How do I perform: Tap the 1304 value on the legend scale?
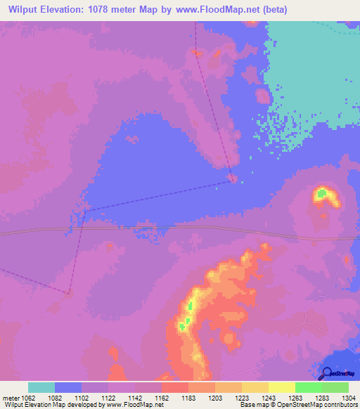point(348,398)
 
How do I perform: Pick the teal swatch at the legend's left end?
point(41,387)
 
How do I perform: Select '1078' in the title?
point(111,9)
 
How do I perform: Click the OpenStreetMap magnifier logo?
point(327,372)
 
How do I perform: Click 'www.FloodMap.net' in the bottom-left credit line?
point(133,405)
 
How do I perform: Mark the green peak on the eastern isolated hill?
point(321,192)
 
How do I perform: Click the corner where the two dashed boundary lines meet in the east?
point(231,180)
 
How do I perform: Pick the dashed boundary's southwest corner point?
point(69,294)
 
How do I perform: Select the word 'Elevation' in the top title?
point(71,9)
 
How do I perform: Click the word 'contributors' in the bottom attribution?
point(341,405)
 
